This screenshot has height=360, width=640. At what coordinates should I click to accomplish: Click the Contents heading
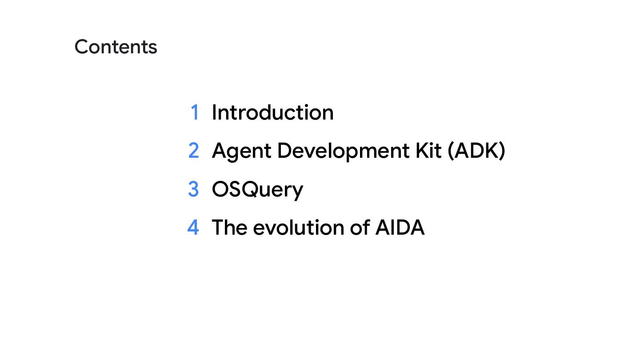116,47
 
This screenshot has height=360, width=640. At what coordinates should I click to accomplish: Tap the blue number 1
194,112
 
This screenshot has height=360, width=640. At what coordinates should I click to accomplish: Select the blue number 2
193,151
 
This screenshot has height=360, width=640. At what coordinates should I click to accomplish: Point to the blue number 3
193,189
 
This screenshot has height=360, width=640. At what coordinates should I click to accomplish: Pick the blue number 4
193,227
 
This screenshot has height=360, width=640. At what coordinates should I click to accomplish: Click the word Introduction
272,112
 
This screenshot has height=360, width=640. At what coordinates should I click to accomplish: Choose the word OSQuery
257,190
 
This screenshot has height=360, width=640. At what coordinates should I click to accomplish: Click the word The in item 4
229,227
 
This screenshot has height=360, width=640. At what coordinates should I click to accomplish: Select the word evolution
298,227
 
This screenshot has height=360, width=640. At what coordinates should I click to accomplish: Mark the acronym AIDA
400,227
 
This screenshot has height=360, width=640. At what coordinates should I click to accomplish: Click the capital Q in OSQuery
253,189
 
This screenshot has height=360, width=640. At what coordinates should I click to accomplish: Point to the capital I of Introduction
214,112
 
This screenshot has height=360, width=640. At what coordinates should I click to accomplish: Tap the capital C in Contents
82,47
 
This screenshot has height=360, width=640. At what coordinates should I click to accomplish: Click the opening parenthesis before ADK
451,151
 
